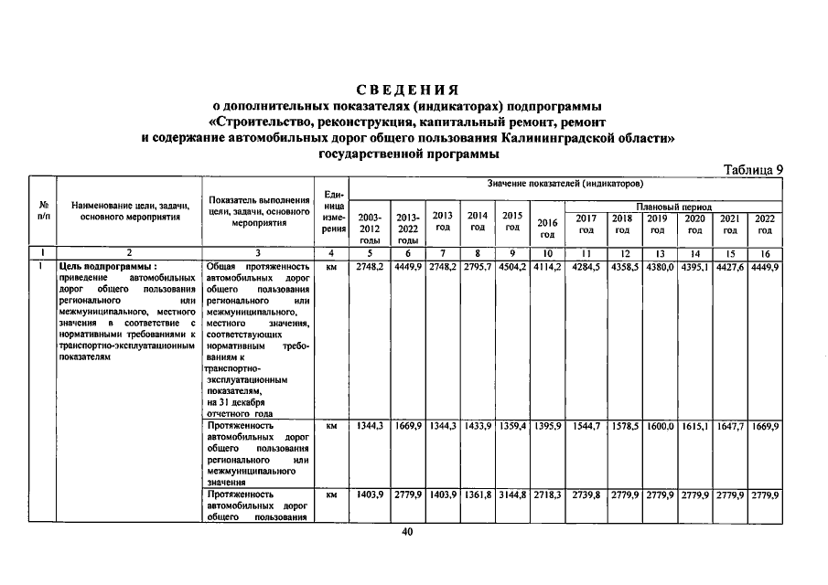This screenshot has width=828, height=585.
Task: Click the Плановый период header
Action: pyautogui.click(x=674, y=207)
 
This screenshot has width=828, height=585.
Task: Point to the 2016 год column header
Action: pyautogui.click(x=547, y=228)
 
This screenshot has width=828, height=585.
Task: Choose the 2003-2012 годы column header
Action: pyautogui.click(x=370, y=228)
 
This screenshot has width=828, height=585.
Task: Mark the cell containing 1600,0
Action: pyautogui.click(x=658, y=427)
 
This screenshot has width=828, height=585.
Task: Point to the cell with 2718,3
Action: pyautogui.click(x=547, y=495)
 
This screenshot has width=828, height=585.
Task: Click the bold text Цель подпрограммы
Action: pyautogui.click(x=96, y=267)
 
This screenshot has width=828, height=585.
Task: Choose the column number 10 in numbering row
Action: pyautogui.click(x=547, y=252)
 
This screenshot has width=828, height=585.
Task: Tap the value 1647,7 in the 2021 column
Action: pyautogui.click(x=729, y=427)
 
